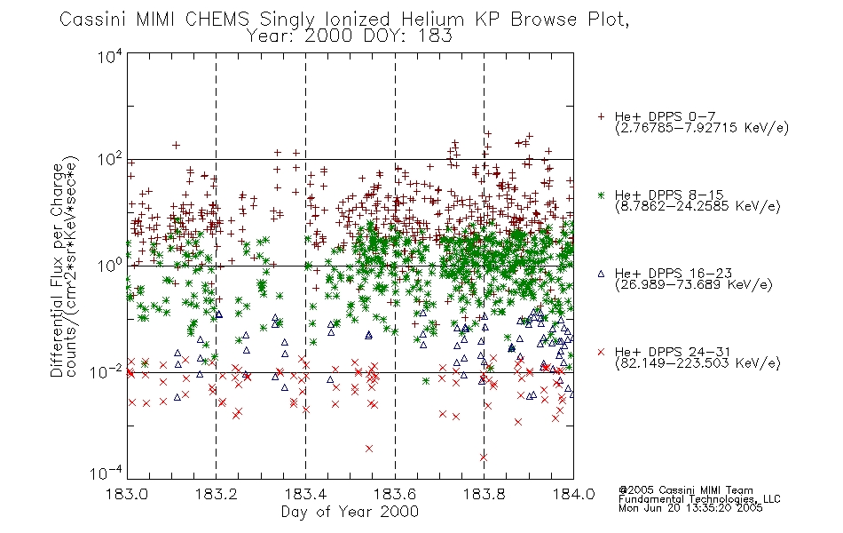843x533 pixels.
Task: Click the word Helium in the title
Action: click(x=432, y=20)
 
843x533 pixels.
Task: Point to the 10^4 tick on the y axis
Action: click(x=110, y=56)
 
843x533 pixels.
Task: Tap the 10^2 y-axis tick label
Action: click(x=110, y=160)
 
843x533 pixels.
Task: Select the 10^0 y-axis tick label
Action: click(x=110, y=266)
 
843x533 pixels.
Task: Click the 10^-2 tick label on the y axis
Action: click(x=106, y=372)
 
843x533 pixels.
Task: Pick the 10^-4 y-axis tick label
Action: click(x=106, y=473)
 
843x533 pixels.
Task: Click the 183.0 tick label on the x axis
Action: click(x=128, y=494)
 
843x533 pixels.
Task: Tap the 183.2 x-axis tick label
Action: click(x=217, y=494)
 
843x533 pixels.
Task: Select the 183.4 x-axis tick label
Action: click(x=305, y=494)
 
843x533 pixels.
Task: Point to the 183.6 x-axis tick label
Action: click(x=395, y=494)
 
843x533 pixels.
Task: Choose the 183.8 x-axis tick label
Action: click(x=484, y=494)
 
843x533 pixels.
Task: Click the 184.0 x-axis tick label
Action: click(x=573, y=494)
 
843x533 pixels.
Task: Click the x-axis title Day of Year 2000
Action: click(x=350, y=512)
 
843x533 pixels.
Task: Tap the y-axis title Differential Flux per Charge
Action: click(x=58, y=270)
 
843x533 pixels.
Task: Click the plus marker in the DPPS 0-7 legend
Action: click(x=601, y=116)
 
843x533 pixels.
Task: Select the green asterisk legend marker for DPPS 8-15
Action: click(x=601, y=195)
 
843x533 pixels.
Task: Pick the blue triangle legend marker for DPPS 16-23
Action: click(x=601, y=274)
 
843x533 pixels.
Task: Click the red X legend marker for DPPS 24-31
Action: click(x=601, y=352)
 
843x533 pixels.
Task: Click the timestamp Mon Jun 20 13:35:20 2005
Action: click(x=690, y=508)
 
